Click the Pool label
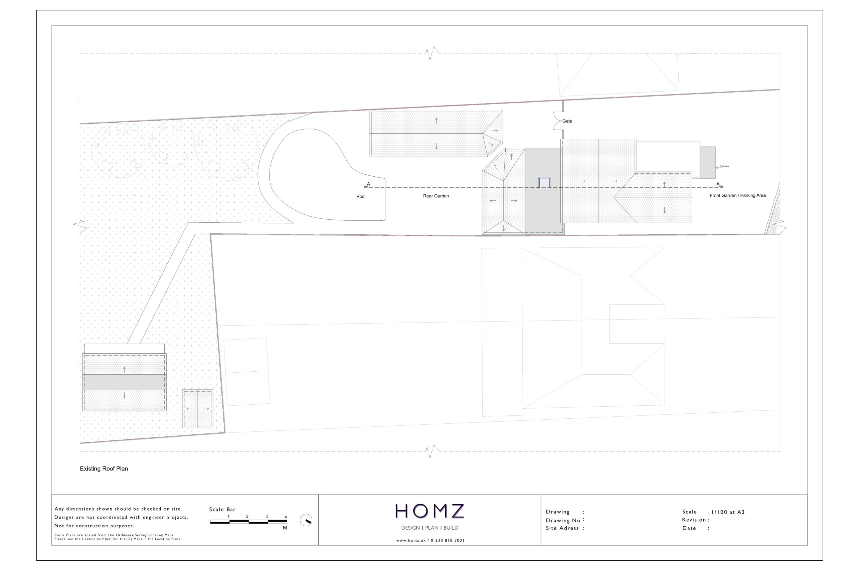[361, 196]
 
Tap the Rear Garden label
[436, 196]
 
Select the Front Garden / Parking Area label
[737, 196]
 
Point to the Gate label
[567, 121]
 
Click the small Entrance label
[724, 166]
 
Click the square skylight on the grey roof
[544, 183]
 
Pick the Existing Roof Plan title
[104, 468]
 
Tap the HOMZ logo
[430, 511]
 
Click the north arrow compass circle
[306, 520]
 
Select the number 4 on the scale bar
[286, 517]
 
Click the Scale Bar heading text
[222, 510]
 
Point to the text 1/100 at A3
[728, 512]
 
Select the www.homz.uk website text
[411, 540]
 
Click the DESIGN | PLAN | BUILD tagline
[430, 528]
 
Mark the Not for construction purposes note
[94, 526]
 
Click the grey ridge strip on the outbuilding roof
[124, 382]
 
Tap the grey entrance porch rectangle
[707, 163]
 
